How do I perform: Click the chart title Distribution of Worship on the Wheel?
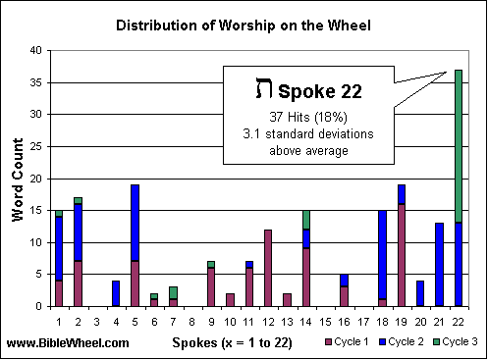[x=244, y=23]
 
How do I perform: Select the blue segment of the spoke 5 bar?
[x=134, y=223]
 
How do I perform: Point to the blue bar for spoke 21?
[x=439, y=264]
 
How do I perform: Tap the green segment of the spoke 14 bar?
[x=305, y=219]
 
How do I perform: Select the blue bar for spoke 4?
[x=115, y=293]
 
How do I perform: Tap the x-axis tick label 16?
[x=344, y=319]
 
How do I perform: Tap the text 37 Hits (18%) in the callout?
[x=310, y=117]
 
